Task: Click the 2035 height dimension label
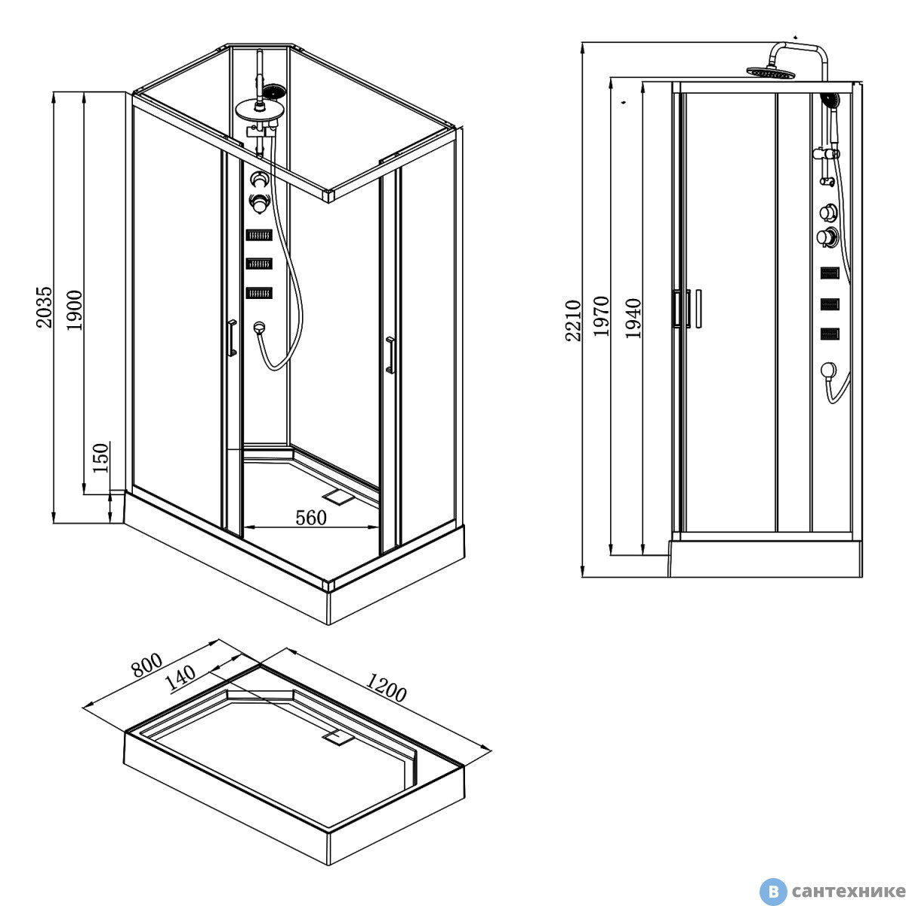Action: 45,307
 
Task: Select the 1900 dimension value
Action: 74,310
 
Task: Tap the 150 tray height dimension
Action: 100,458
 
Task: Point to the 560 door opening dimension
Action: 311,518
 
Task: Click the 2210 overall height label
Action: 574,320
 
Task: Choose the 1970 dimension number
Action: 601,316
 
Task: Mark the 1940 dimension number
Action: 633,318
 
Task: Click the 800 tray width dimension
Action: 147,665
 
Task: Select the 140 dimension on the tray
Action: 181,679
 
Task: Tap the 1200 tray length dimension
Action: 386,688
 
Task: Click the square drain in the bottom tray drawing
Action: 337,737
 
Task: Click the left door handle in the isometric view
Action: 233,338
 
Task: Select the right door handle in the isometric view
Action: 390,355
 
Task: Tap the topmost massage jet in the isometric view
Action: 259,235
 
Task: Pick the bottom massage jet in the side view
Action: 830,334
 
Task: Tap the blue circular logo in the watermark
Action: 773,892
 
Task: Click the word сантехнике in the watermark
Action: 849,892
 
